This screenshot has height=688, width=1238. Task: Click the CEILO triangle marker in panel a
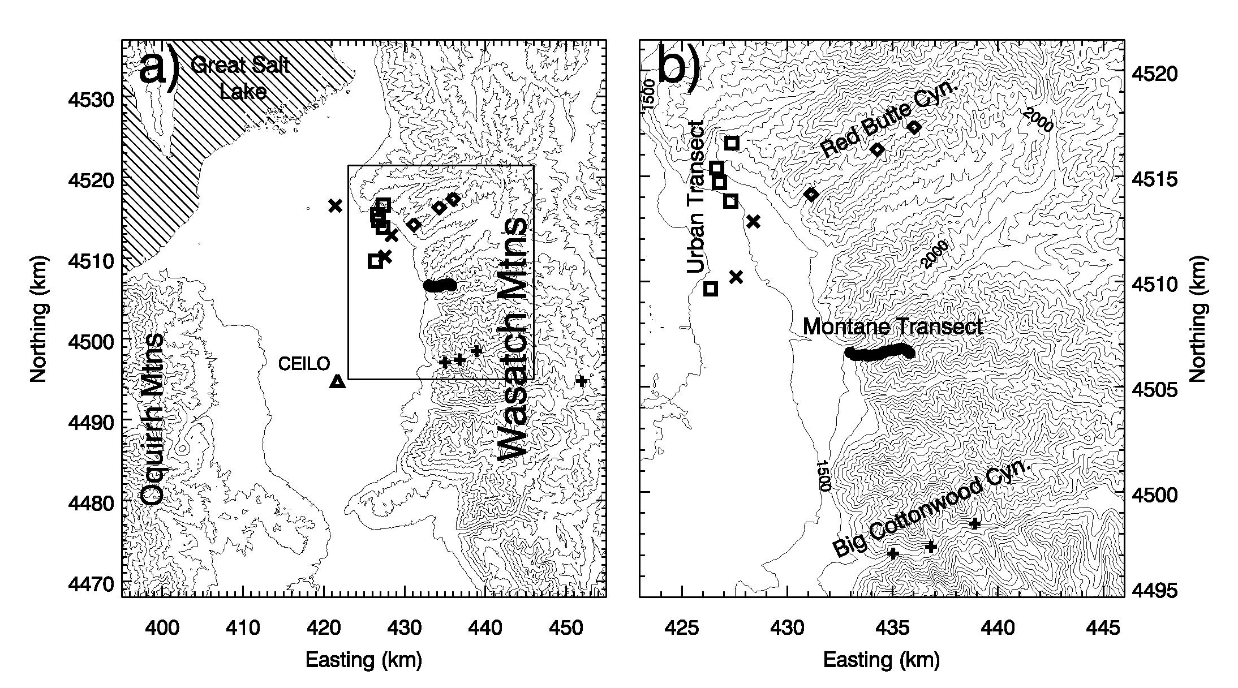(x=338, y=381)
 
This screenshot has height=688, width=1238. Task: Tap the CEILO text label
(x=304, y=364)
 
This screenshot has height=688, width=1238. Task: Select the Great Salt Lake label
(x=240, y=78)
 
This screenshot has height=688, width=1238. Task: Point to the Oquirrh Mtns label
(x=152, y=419)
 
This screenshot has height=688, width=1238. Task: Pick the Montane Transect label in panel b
(x=892, y=327)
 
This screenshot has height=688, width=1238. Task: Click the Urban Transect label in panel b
(x=695, y=197)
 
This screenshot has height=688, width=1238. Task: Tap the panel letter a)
(x=160, y=69)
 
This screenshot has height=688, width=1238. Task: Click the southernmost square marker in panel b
(x=711, y=289)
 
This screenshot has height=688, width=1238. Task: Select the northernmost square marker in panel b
(x=732, y=143)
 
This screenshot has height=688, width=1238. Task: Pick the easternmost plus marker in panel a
(x=582, y=381)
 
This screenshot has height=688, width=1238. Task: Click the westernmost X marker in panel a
(x=336, y=206)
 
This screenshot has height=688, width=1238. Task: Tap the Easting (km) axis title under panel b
(x=881, y=660)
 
